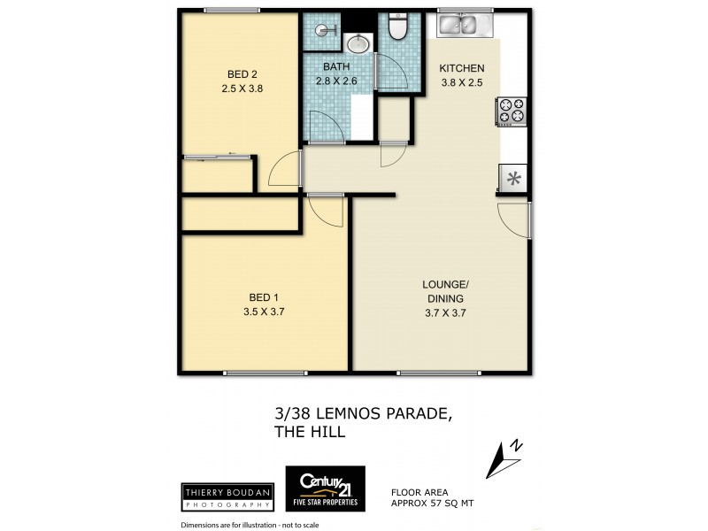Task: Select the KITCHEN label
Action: click(x=462, y=69)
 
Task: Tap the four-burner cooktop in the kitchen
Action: click(x=512, y=111)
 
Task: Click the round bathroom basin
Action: click(x=358, y=43)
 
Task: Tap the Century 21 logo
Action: click(x=324, y=489)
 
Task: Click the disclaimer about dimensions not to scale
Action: click(x=250, y=524)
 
